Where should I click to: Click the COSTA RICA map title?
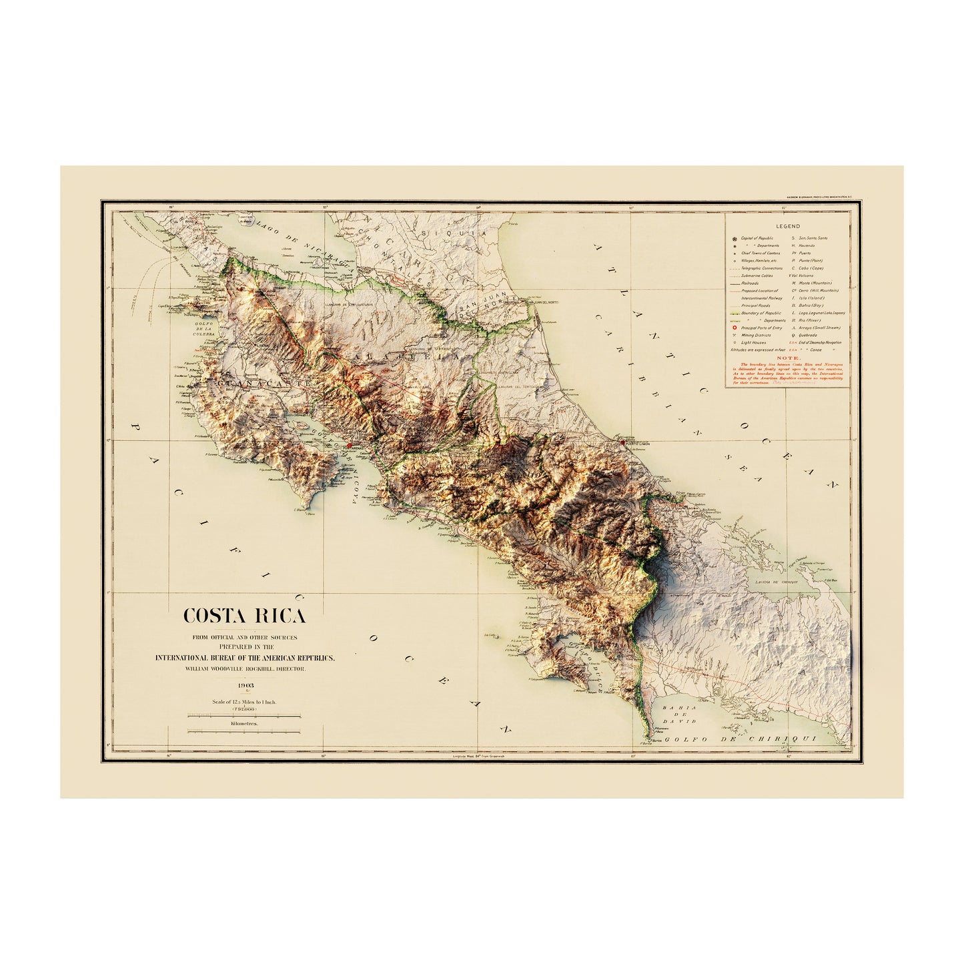pos(244,615)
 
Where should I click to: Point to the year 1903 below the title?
pos(244,685)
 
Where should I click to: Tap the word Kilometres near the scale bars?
pos(244,723)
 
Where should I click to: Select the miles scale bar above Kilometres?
pos(244,714)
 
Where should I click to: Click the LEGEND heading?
pos(788,227)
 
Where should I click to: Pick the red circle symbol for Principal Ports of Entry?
pos(735,328)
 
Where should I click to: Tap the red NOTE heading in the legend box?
pos(788,357)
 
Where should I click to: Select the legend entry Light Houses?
pos(753,342)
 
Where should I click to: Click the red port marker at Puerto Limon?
pos(622,442)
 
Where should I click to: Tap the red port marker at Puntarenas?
pos(349,444)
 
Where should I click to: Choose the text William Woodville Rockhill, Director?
pos(244,668)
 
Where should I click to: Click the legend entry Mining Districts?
pos(755,335)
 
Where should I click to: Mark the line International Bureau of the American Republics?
pos(244,658)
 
